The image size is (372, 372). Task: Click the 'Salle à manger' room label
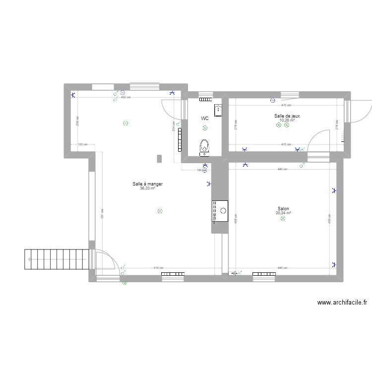click(147, 184)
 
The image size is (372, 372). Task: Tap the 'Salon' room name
click(283, 209)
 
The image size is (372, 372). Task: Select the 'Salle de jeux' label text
click(287, 116)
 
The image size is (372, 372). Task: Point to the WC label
click(204, 119)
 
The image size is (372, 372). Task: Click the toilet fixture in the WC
click(204, 146)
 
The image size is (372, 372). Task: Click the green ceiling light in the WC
click(205, 128)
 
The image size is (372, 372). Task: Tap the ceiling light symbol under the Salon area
click(283, 219)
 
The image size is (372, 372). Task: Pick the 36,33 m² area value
click(147, 188)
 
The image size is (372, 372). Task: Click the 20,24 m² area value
click(283, 213)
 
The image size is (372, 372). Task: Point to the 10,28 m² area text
click(287, 120)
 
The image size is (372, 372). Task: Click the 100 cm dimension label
click(82, 144)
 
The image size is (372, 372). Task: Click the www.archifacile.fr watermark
click(342, 303)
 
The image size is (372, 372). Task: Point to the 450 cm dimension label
click(126, 97)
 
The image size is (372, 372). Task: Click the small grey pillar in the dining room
click(159, 159)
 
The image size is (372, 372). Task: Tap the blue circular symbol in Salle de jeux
click(272, 101)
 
